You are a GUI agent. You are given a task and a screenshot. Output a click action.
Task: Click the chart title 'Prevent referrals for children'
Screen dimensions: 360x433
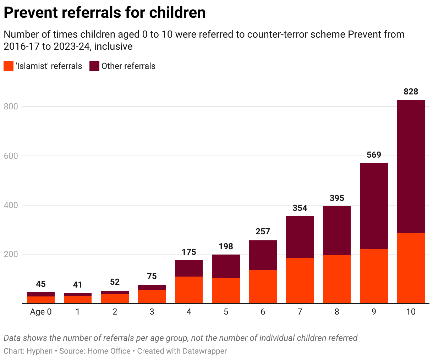[x=105, y=13]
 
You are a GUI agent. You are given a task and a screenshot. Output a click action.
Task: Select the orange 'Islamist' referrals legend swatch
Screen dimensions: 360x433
[x=9, y=66]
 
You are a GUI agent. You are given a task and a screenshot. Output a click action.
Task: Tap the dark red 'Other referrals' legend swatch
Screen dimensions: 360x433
[x=94, y=66]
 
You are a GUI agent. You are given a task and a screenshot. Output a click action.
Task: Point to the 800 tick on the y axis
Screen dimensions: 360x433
[x=10, y=107]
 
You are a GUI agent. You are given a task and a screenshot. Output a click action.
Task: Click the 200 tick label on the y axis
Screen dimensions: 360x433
[x=10, y=254]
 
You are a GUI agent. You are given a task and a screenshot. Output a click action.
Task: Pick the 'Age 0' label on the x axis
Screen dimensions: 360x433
[x=41, y=312]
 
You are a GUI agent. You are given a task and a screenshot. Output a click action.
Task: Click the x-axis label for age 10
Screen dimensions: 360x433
[x=411, y=312]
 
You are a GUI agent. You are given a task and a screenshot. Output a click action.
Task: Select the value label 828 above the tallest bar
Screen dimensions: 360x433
[x=411, y=92]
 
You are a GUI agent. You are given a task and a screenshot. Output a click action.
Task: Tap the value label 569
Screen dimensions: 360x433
[x=374, y=155]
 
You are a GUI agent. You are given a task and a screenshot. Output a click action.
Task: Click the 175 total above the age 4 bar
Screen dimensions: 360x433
[x=189, y=252]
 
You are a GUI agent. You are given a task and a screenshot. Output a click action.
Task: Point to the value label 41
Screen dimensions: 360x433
[x=78, y=285]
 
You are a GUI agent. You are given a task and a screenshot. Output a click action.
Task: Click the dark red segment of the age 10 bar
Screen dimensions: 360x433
[x=411, y=166]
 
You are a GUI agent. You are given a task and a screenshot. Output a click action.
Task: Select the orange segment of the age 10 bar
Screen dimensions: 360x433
[x=411, y=268]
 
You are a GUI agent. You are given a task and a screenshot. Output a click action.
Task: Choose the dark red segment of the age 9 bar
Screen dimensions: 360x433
[x=374, y=206]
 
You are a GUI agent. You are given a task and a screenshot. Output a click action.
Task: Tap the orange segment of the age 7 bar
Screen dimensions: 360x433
[x=300, y=280]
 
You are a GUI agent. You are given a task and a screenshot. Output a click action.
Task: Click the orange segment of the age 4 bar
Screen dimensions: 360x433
[x=189, y=290]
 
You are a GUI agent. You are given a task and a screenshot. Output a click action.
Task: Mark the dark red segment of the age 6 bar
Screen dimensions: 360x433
[x=263, y=255]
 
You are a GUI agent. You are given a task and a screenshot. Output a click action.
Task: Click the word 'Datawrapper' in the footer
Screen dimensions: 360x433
[x=204, y=351]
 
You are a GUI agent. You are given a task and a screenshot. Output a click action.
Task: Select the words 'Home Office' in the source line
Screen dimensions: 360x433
[x=109, y=351]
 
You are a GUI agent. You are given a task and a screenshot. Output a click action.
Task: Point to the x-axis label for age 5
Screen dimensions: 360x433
[x=226, y=312]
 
